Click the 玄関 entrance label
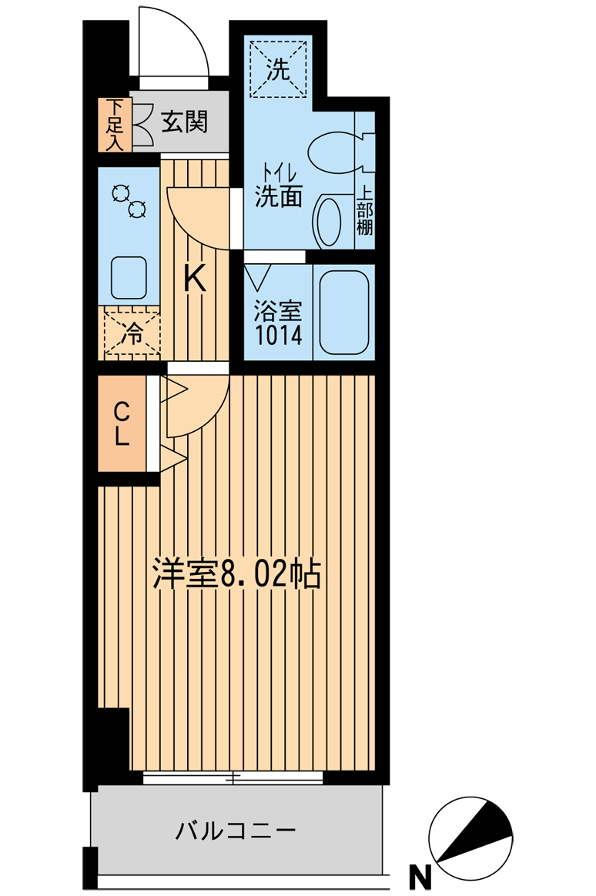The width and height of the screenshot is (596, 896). click(x=183, y=122)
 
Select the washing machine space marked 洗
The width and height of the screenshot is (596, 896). click(x=279, y=69)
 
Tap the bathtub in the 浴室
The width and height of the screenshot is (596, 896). click(x=343, y=312)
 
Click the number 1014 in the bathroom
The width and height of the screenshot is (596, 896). click(x=278, y=335)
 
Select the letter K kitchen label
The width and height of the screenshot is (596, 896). click(x=194, y=279)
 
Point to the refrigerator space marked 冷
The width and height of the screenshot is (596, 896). click(x=132, y=334)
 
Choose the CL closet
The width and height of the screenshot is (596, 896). click(x=122, y=423)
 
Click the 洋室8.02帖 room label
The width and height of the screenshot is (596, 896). click(x=236, y=574)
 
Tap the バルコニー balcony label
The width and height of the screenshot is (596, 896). click(x=236, y=830)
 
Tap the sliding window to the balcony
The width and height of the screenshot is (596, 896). click(x=233, y=777)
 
